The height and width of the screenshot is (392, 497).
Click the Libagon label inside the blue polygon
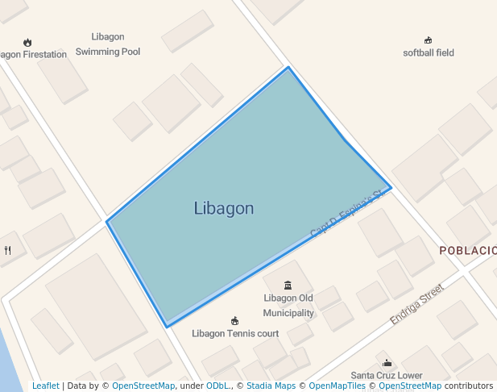224,208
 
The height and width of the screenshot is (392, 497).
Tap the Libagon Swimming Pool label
108,44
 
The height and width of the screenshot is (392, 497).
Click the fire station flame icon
27,42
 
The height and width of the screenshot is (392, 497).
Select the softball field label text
429,53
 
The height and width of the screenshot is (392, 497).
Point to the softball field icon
428,40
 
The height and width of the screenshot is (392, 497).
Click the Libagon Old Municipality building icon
288,284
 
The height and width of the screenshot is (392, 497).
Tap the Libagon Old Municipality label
288,305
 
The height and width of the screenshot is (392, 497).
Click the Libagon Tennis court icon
234,321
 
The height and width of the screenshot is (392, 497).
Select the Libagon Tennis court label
235,333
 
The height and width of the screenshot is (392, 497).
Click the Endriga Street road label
416,304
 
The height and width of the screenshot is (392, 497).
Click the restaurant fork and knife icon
8,250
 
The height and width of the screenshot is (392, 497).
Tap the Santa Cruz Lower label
387,375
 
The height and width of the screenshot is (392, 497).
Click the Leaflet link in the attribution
45,386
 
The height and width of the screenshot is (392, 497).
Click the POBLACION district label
467,251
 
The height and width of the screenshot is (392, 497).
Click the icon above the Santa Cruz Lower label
387,363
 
